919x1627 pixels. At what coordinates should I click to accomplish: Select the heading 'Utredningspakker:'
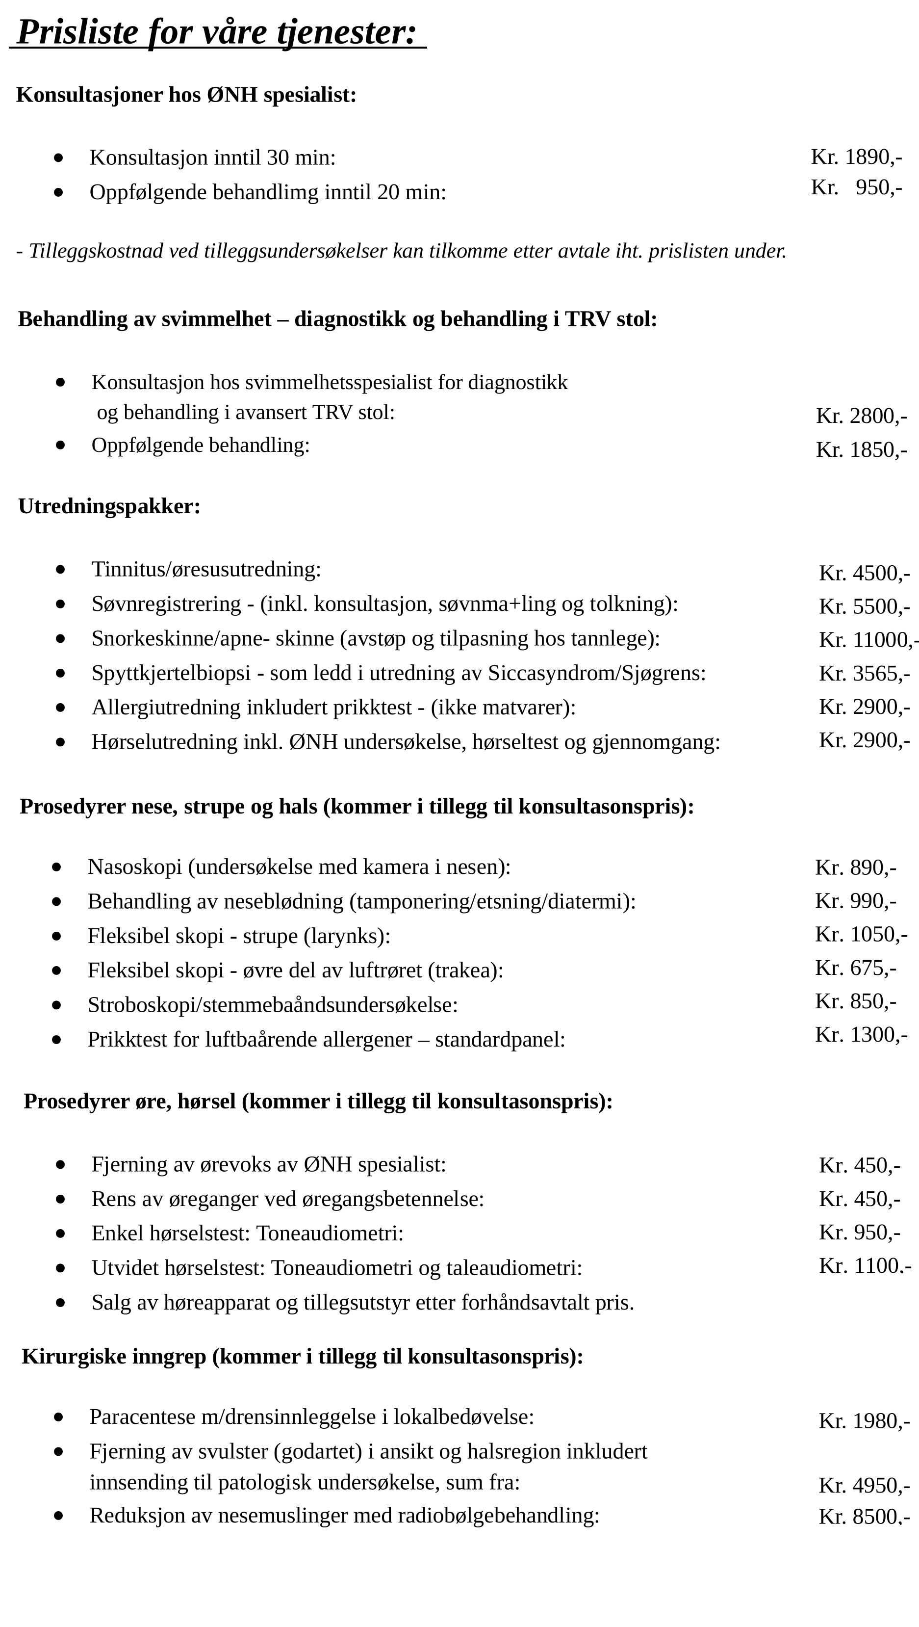pos(109,506)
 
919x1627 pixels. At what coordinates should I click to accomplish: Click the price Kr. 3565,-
pos(864,673)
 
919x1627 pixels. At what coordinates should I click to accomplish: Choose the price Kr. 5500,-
pos(864,606)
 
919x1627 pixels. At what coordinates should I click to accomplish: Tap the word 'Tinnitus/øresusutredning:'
pos(206,570)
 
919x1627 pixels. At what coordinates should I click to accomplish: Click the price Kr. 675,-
pos(855,968)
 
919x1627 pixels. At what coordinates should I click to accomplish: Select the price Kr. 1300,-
pos(861,1034)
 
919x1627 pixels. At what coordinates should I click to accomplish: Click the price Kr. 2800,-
pos(861,416)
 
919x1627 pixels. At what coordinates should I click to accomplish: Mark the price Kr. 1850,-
pos(861,450)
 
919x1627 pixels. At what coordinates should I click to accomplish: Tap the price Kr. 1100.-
pos(865,1266)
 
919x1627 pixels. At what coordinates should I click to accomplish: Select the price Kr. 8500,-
pos(864,1517)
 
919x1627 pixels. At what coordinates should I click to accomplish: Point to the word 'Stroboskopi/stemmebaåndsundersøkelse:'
pos(273,1005)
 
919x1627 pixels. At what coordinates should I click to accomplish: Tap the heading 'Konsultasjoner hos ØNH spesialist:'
pos(186,95)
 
